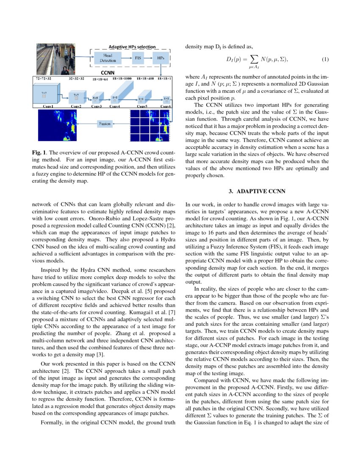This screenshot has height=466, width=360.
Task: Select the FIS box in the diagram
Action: pos(138,58)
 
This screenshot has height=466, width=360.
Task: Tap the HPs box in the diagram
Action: pos(161,58)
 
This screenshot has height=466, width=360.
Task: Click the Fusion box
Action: pos(105,124)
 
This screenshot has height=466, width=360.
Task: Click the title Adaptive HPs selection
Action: pos(132,47)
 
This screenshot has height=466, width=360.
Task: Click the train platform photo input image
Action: pos(55,59)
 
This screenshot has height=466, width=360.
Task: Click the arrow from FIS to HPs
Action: pos(150,58)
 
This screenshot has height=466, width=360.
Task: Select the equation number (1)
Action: pos(325,59)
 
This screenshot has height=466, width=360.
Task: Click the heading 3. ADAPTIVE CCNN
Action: pos(257,191)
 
